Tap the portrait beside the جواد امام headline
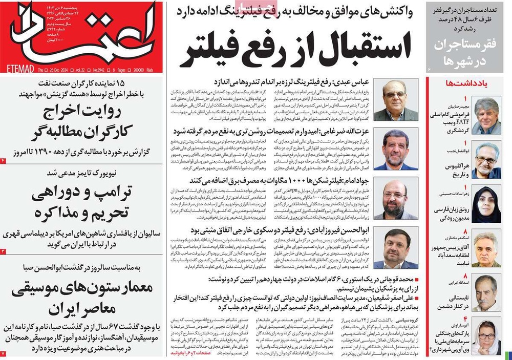(x=395, y=199)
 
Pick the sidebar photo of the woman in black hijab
(x=486, y=205)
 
